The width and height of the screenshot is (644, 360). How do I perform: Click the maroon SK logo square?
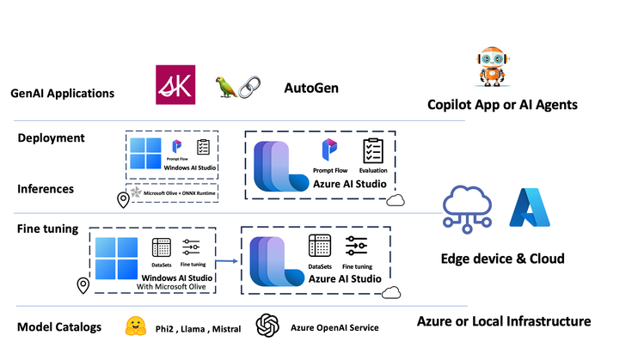[175, 85]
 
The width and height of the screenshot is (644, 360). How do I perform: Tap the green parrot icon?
[224, 87]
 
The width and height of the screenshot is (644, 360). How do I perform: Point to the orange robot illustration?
[490, 68]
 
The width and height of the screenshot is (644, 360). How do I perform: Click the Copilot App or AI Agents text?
[502, 105]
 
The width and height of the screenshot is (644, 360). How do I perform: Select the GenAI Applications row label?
[61, 93]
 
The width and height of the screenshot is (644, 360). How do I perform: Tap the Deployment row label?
[52, 137]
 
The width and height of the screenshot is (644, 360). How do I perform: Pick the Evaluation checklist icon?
[372, 152]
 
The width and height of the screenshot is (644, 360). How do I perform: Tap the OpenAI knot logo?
[268, 326]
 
